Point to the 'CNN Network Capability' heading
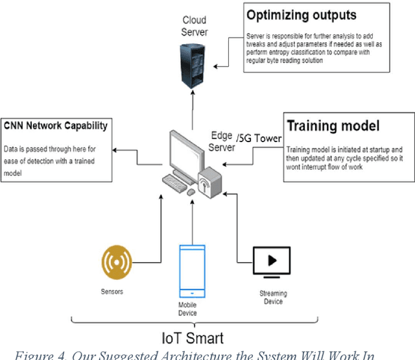pyautogui.click(x=55, y=126)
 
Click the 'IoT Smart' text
pyautogui.click(x=193, y=338)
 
